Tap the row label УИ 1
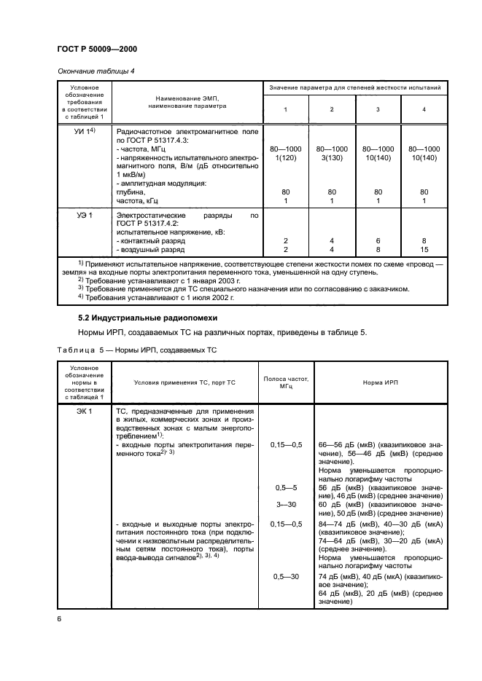[77, 131]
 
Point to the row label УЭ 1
[76, 216]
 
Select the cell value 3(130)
[332, 157]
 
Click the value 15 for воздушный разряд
[425, 249]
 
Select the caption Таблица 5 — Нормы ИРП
[137, 350]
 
